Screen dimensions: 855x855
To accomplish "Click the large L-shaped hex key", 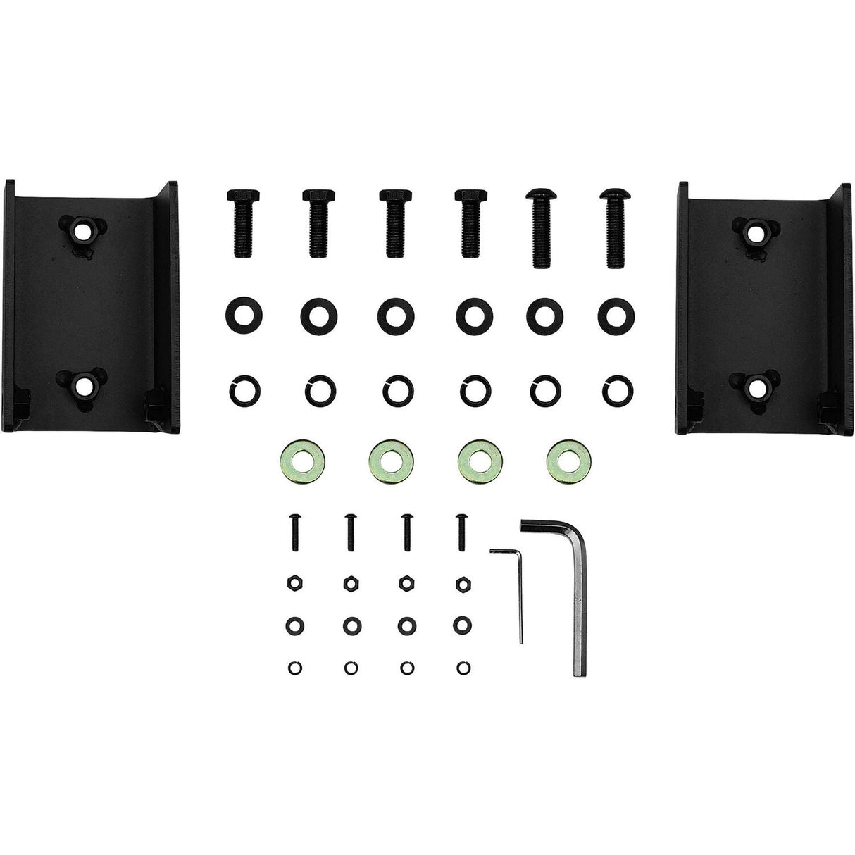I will pyautogui.click(x=582, y=599).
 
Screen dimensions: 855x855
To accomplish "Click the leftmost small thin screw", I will pyautogui.click(x=292, y=532).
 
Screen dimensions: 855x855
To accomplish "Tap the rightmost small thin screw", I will pyautogui.click(x=461, y=532).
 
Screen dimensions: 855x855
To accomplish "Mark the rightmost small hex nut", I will pyautogui.click(x=463, y=582).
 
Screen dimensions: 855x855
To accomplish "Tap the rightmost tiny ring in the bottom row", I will pyautogui.click(x=463, y=666).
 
